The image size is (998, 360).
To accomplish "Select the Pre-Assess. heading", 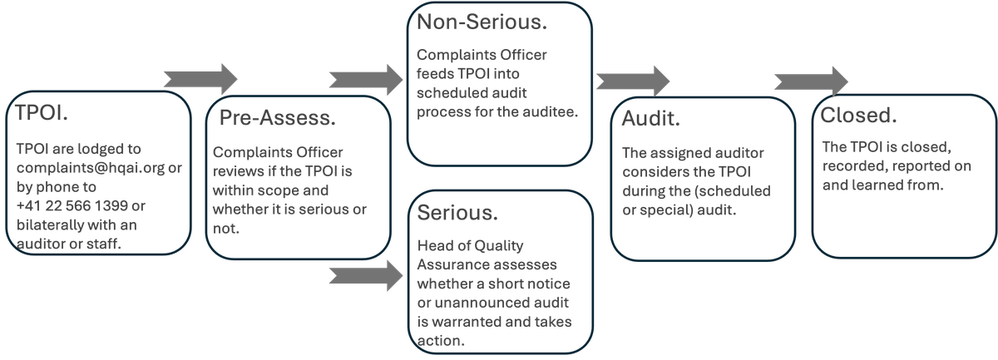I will [x=277, y=118].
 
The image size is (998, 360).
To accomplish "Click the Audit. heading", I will [x=651, y=118].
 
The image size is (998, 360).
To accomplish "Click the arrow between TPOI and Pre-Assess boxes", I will [x=200, y=79].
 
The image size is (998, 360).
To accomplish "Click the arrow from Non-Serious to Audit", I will [x=632, y=81].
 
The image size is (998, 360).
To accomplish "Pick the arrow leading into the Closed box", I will [x=810, y=81].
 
